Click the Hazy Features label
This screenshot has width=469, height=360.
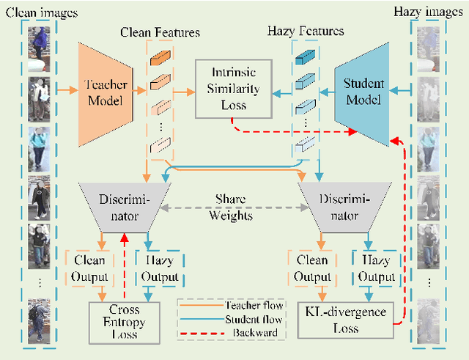[306, 32]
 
